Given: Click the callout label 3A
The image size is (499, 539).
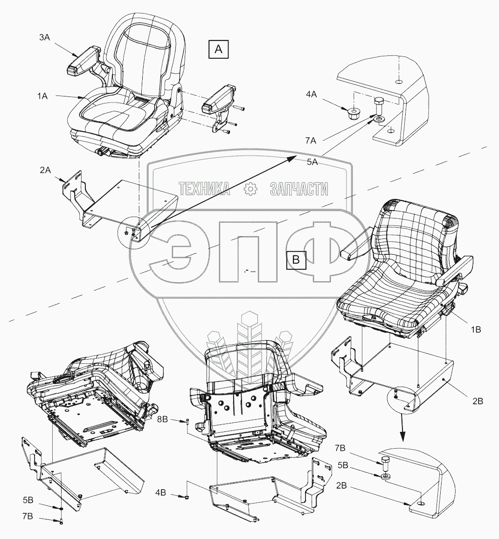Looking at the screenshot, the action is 44,38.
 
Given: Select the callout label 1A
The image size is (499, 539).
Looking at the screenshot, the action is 43,96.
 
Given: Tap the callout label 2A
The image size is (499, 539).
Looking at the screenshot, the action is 45,171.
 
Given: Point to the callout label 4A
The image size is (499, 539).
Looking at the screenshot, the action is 312,95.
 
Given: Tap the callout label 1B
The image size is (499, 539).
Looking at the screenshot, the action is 475,329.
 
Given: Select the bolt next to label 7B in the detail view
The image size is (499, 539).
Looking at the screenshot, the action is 387,463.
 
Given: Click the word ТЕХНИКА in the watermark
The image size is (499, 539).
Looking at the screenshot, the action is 204,189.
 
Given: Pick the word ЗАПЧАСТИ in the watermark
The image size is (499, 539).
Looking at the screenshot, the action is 298,189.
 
